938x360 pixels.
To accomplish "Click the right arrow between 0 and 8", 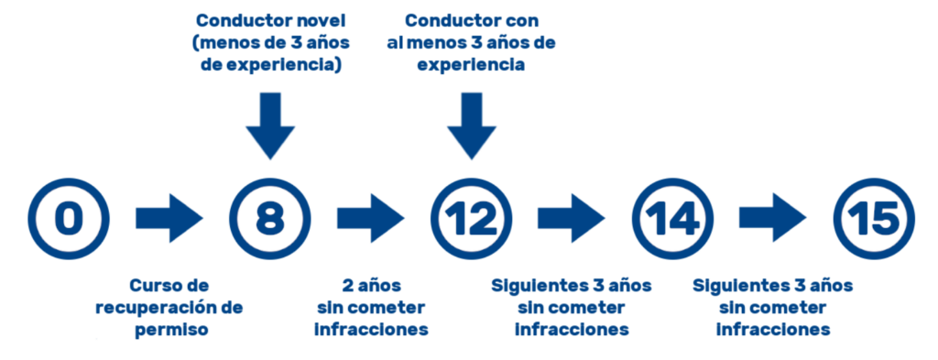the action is point(169,218).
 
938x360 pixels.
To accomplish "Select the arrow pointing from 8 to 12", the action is point(370,218).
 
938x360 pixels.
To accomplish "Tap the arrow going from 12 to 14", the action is point(572,218).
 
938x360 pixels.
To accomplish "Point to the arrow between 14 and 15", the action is point(773,218).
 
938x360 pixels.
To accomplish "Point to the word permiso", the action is point(169,329).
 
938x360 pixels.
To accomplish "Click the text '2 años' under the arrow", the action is point(370,285).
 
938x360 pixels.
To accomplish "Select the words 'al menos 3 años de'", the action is point(471,42).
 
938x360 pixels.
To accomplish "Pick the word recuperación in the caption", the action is point(156,307).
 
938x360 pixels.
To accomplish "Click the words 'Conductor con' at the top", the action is point(471,19).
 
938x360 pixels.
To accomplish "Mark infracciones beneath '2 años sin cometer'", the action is point(370,329).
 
